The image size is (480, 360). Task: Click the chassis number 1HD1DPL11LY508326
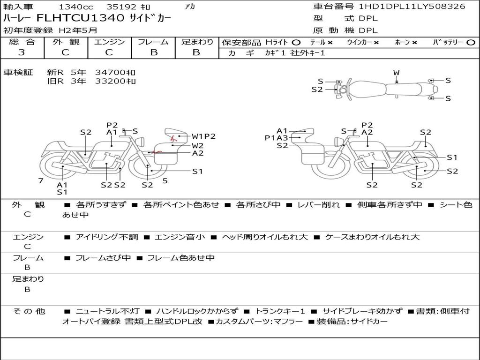(412, 6)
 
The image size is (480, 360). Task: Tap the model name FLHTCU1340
(80, 18)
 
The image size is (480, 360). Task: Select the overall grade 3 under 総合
(22, 52)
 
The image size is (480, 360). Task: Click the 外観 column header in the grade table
(66, 42)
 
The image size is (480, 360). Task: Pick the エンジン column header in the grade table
(109, 42)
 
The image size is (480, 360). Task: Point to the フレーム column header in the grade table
(153, 42)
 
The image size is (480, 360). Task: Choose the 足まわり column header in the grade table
(197, 42)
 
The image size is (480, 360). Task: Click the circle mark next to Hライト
(296, 43)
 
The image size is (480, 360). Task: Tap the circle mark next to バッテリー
(471, 43)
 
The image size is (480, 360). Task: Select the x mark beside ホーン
(414, 43)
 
